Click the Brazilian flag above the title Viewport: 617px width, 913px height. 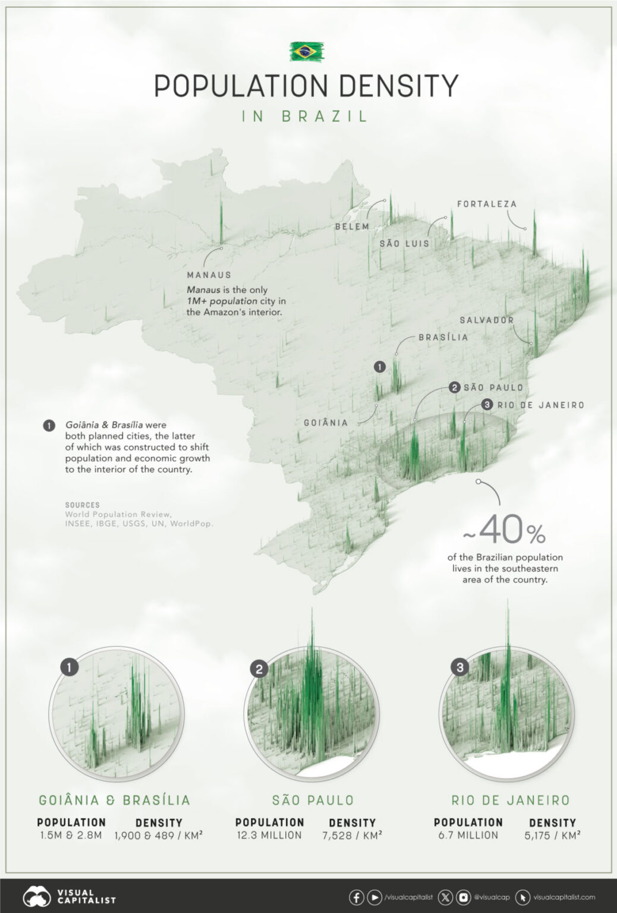pyautogui.click(x=307, y=52)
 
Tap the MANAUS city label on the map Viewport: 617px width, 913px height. pyautogui.click(x=209, y=275)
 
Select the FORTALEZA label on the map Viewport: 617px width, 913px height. pyautogui.click(x=487, y=204)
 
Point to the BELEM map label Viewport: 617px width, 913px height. pyautogui.click(x=352, y=226)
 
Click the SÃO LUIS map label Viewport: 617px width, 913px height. pyautogui.click(x=404, y=244)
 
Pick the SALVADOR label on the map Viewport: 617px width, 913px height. pyautogui.click(x=486, y=320)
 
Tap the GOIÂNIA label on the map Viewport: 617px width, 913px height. pyautogui.click(x=326, y=423)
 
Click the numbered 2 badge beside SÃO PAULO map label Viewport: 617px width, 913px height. pyautogui.click(x=455, y=388)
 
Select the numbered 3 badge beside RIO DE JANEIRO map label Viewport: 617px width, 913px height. pyautogui.click(x=487, y=405)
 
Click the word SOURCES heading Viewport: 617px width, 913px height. pyautogui.click(x=82, y=505)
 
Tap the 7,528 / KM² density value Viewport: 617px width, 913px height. pyautogui.click(x=352, y=835)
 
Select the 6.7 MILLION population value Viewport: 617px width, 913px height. pyautogui.click(x=468, y=835)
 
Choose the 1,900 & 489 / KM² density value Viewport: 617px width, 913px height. pyautogui.click(x=159, y=835)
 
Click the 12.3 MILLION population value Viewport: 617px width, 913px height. pyautogui.click(x=269, y=835)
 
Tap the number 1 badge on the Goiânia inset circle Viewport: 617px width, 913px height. pyautogui.click(x=69, y=668)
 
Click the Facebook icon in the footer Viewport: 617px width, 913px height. pyautogui.click(x=356, y=897)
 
